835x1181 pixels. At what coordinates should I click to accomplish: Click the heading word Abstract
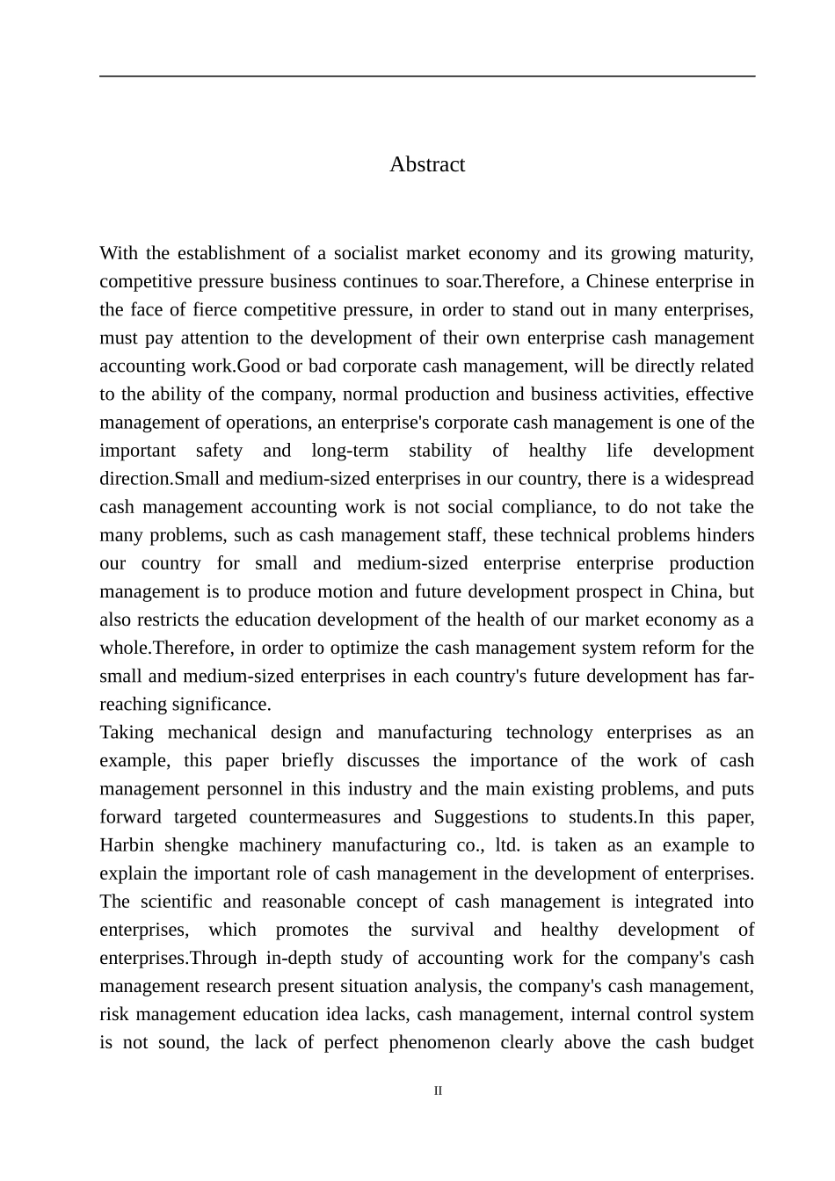point(427,164)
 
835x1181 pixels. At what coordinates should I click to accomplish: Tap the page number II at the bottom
point(438,1091)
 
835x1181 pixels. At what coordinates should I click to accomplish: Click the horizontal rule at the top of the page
point(427,76)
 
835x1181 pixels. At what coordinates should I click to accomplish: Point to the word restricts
point(167,619)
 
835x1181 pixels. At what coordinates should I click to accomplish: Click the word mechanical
point(212,733)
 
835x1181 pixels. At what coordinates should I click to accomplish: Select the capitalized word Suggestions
point(481,817)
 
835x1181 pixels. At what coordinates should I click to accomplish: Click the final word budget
point(727,1043)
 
